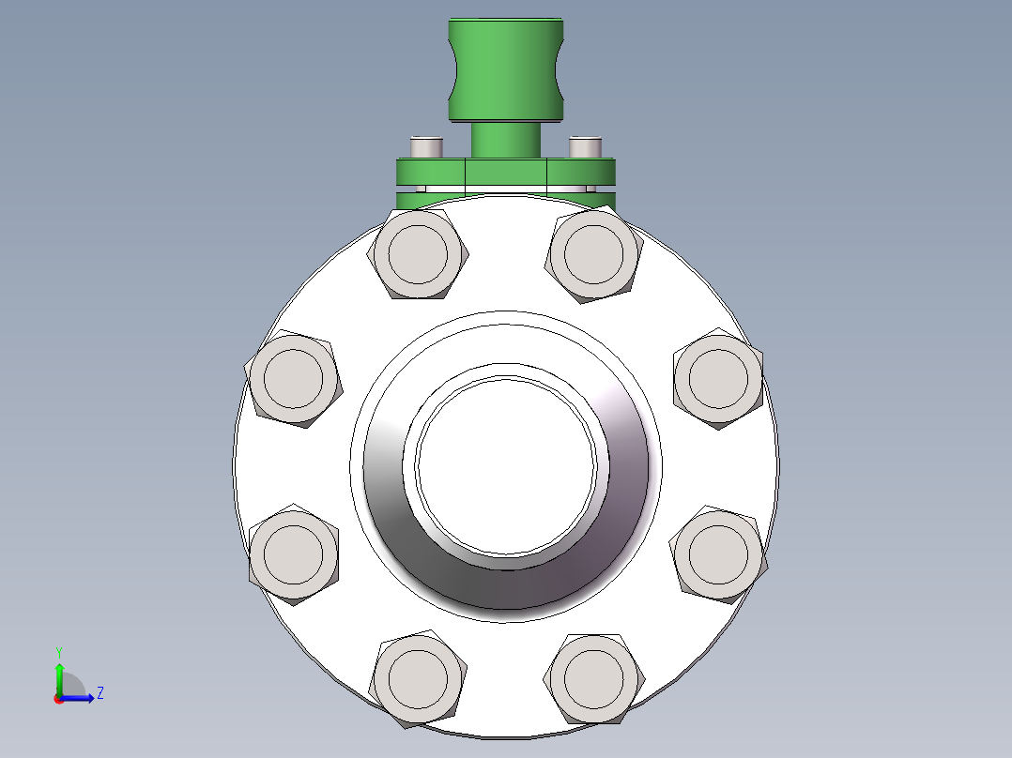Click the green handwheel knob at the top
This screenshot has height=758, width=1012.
tap(506, 69)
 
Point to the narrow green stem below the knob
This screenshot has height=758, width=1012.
tap(506, 140)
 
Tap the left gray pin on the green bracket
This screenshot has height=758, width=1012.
tap(426, 147)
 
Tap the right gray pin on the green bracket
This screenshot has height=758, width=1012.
tap(586, 147)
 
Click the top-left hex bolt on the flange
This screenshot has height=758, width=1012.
tap(418, 253)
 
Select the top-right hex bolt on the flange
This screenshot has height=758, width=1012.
tap(593, 253)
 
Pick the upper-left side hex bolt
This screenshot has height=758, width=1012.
tap(293, 379)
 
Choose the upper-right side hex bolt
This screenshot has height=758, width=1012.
tap(718, 379)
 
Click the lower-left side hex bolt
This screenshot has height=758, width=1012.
tap(293, 554)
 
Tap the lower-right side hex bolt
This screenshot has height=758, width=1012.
tap(718, 554)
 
